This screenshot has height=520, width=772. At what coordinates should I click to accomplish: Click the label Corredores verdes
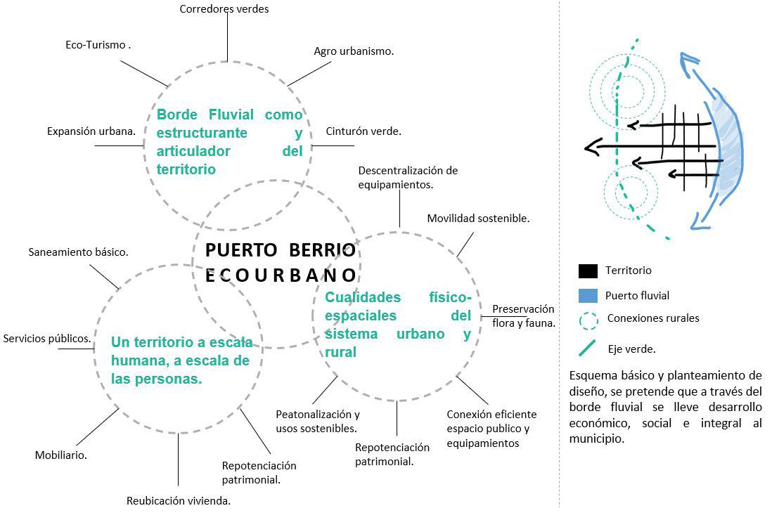coord(224,9)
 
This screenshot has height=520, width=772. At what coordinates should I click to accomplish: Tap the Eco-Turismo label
coord(98,45)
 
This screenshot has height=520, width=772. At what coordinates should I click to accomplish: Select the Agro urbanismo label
coord(353,51)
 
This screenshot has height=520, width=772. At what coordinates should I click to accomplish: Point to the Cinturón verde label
coord(364,131)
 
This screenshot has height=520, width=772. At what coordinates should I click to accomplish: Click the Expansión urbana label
coord(91,131)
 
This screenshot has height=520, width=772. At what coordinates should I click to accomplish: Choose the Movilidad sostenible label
coord(478,219)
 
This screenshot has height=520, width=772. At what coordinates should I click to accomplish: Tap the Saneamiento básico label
coord(78,252)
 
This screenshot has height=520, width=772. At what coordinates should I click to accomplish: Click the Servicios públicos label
coord(47,339)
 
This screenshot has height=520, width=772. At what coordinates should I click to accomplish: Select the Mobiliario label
coord(61,455)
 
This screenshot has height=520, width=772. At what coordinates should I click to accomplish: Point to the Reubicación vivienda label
coord(179,501)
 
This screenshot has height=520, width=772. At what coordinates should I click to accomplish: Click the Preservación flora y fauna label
coord(523,316)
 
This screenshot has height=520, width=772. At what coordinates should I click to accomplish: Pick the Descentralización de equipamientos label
coord(408,178)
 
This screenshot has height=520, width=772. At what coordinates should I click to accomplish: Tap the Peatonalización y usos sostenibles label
coord(317,421)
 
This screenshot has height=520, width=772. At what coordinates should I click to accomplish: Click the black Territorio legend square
coord(588,271)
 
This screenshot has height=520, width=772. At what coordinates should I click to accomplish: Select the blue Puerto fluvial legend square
coord(588,295)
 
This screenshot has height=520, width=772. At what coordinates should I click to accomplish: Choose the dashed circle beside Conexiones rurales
coord(588,320)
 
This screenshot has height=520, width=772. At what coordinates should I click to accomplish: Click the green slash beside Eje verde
coord(587,348)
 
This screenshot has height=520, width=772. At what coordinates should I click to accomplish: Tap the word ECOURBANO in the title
coord(281,275)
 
